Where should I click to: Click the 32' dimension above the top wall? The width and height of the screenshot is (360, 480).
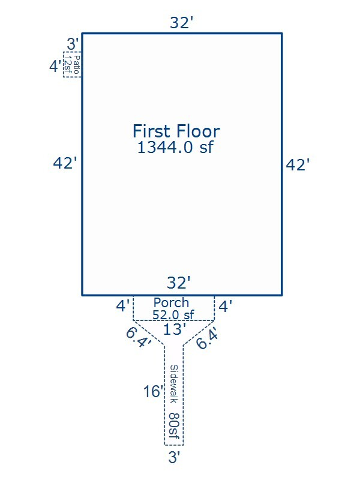[x=182, y=23]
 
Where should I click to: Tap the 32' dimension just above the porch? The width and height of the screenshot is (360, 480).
[x=179, y=282]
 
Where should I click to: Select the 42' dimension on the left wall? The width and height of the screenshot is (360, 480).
[x=65, y=163]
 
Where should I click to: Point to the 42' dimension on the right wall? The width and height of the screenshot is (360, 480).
[x=298, y=164]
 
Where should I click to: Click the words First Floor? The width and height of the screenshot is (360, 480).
[x=176, y=131]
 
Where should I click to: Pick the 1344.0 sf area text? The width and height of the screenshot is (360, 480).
[x=175, y=147]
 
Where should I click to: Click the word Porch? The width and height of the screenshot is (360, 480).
[x=171, y=302]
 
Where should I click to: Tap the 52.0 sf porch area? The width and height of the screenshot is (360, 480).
[x=173, y=314]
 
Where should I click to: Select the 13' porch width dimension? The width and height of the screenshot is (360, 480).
[x=175, y=329]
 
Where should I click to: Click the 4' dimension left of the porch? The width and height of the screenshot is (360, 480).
[x=123, y=306]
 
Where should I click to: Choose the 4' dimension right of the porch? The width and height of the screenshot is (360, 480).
[x=226, y=306]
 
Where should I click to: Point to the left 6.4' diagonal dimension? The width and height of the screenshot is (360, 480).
[x=139, y=338]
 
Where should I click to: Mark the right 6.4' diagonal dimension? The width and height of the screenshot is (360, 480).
[x=208, y=338]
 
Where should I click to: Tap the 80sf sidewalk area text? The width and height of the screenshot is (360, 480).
[x=174, y=425]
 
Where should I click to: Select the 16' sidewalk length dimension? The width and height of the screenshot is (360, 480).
[x=154, y=392]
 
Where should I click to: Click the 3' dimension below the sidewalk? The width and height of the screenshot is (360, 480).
[x=174, y=457]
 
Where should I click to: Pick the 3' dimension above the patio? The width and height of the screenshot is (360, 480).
[x=73, y=44]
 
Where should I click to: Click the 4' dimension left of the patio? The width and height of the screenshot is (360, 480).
[x=55, y=66]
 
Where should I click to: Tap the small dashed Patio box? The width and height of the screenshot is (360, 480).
[x=73, y=64]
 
